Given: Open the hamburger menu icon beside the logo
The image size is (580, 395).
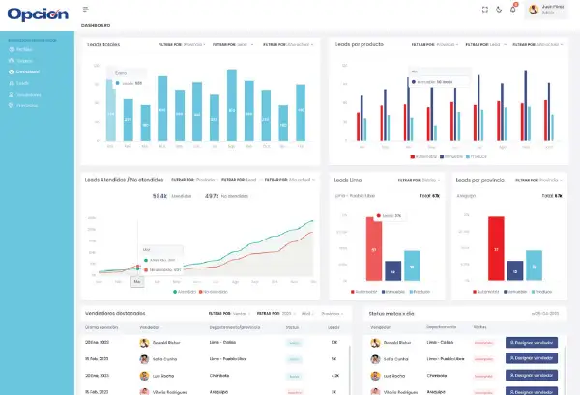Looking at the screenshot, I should tap(86, 10).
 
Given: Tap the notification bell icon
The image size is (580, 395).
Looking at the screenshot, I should tap(513, 10).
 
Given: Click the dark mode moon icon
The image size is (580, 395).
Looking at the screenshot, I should tap(499, 10).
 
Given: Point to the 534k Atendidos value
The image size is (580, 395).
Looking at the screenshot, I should tap(160, 196).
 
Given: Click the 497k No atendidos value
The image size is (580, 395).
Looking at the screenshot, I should tap(212, 196).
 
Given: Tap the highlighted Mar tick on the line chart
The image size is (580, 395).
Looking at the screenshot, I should tap(137, 281).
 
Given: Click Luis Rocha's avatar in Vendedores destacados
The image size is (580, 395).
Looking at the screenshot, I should tap(143, 375).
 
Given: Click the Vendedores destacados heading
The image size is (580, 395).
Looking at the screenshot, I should tap(114, 313).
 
